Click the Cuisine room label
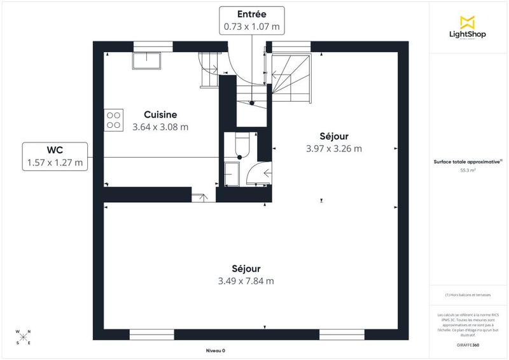coord(160,114)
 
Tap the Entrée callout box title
coord(251,14)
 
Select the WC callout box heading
coord(55,150)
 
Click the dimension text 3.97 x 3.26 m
coord(334,149)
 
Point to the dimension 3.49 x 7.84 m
coord(246,280)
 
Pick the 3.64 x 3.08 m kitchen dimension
coord(160,127)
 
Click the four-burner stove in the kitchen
coord(114,120)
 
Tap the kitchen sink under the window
coord(147,60)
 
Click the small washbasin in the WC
coord(231,172)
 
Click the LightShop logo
coord(468,27)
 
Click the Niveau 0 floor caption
coord(216,350)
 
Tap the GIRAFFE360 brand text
coord(468,344)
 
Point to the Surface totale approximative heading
coord(466,162)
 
